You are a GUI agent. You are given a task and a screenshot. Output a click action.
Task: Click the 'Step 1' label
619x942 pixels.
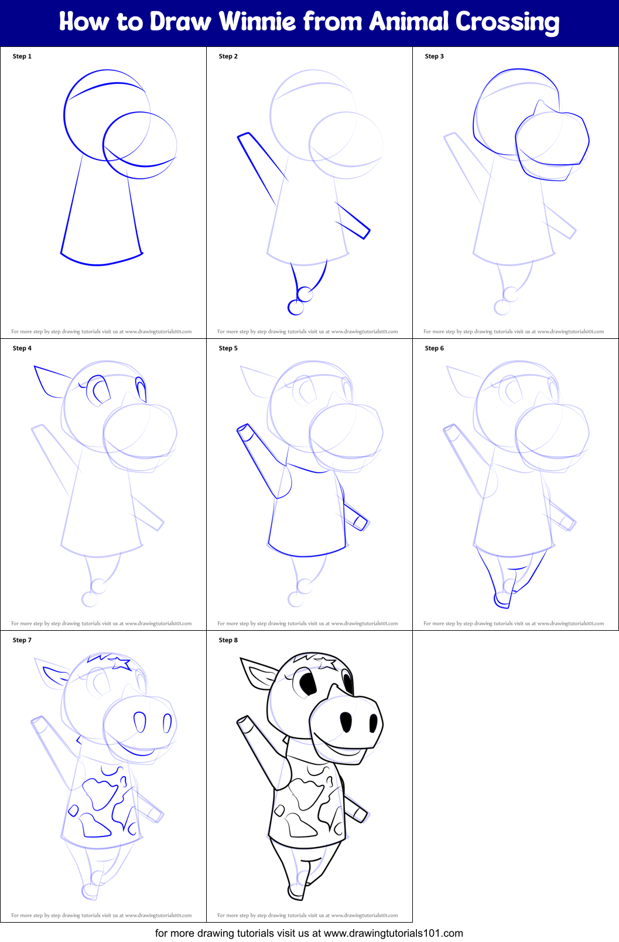point(22,56)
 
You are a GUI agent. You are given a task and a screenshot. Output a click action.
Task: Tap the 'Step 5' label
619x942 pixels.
point(228,348)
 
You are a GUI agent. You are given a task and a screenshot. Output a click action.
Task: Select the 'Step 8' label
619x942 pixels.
point(228,640)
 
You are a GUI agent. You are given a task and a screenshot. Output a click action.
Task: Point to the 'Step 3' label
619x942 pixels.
point(434,56)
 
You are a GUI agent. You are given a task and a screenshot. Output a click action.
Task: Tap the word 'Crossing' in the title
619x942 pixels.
point(507,22)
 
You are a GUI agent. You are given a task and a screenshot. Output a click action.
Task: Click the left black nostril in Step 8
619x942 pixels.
point(346,722)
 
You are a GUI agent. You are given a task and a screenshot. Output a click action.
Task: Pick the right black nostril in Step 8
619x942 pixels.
point(374,724)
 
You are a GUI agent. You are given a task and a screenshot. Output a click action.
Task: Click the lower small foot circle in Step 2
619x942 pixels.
point(295,307)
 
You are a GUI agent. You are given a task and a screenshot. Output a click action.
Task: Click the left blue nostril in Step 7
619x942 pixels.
point(139,722)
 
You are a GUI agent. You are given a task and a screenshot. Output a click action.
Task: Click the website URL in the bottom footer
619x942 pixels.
point(393,933)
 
